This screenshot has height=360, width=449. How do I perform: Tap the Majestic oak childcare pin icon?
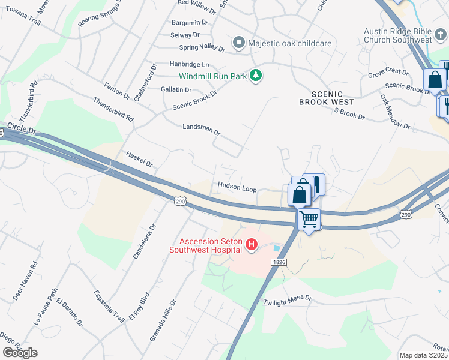[239, 43]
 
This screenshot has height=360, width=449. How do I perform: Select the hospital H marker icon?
[252, 245]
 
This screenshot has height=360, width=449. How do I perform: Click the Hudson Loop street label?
[237, 188]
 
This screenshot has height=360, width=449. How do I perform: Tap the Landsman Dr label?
[202, 130]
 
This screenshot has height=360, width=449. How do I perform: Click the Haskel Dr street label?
[140, 159]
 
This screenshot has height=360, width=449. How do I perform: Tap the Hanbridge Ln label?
[189, 64]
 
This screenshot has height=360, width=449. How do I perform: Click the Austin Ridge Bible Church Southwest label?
[398, 35]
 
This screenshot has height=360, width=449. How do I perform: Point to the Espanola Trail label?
[109, 306]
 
